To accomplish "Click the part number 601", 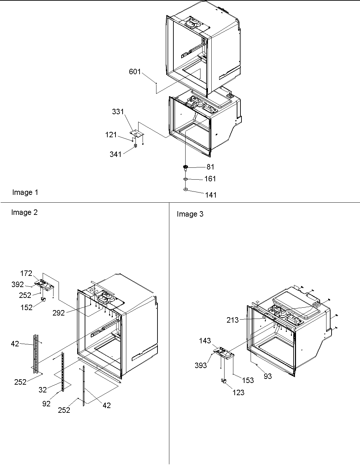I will click(135, 72).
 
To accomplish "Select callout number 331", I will click(118, 112).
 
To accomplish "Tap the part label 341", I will click(116, 155).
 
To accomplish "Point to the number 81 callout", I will click(210, 167).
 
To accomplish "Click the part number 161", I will click(210, 179).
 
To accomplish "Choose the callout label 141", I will click(211, 195).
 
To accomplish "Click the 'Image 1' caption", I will click(25, 193).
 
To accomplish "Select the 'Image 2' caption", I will click(24, 212).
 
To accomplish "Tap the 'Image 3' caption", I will click(190, 214).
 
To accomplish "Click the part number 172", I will click(26, 273).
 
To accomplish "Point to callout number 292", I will click(59, 313).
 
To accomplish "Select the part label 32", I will click(43, 390).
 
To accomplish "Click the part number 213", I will click(233, 320).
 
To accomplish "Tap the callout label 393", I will click(201, 365).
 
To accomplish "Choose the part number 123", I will click(238, 392).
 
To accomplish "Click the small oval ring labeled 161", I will click(186, 179).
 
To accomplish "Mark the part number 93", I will click(268, 376).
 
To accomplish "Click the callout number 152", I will click(26, 307).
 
